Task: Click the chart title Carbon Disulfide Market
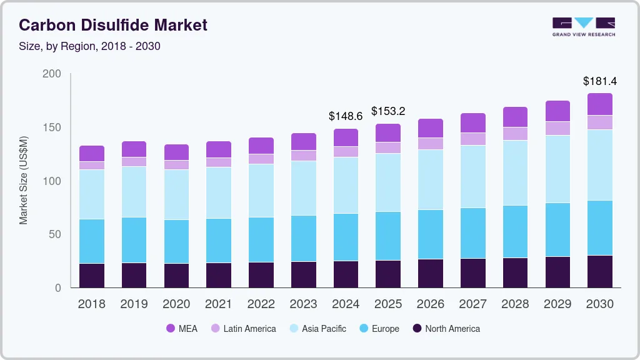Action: click(113, 25)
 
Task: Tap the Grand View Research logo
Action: click(583, 27)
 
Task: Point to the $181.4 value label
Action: click(599, 81)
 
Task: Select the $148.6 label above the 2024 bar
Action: click(346, 116)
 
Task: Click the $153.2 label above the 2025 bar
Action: click(388, 111)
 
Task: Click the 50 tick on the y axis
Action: click(54, 234)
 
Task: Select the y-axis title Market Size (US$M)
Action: click(24, 180)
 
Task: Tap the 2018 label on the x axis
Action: click(92, 304)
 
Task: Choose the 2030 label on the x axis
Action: click(599, 304)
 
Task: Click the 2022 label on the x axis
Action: click(261, 304)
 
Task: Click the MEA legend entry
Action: click(182, 329)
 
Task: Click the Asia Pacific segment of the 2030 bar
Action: click(600, 165)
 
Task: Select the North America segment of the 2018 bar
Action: click(92, 276)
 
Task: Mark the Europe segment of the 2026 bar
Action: click(431, 234)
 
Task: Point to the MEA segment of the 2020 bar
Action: click(176, 152)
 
